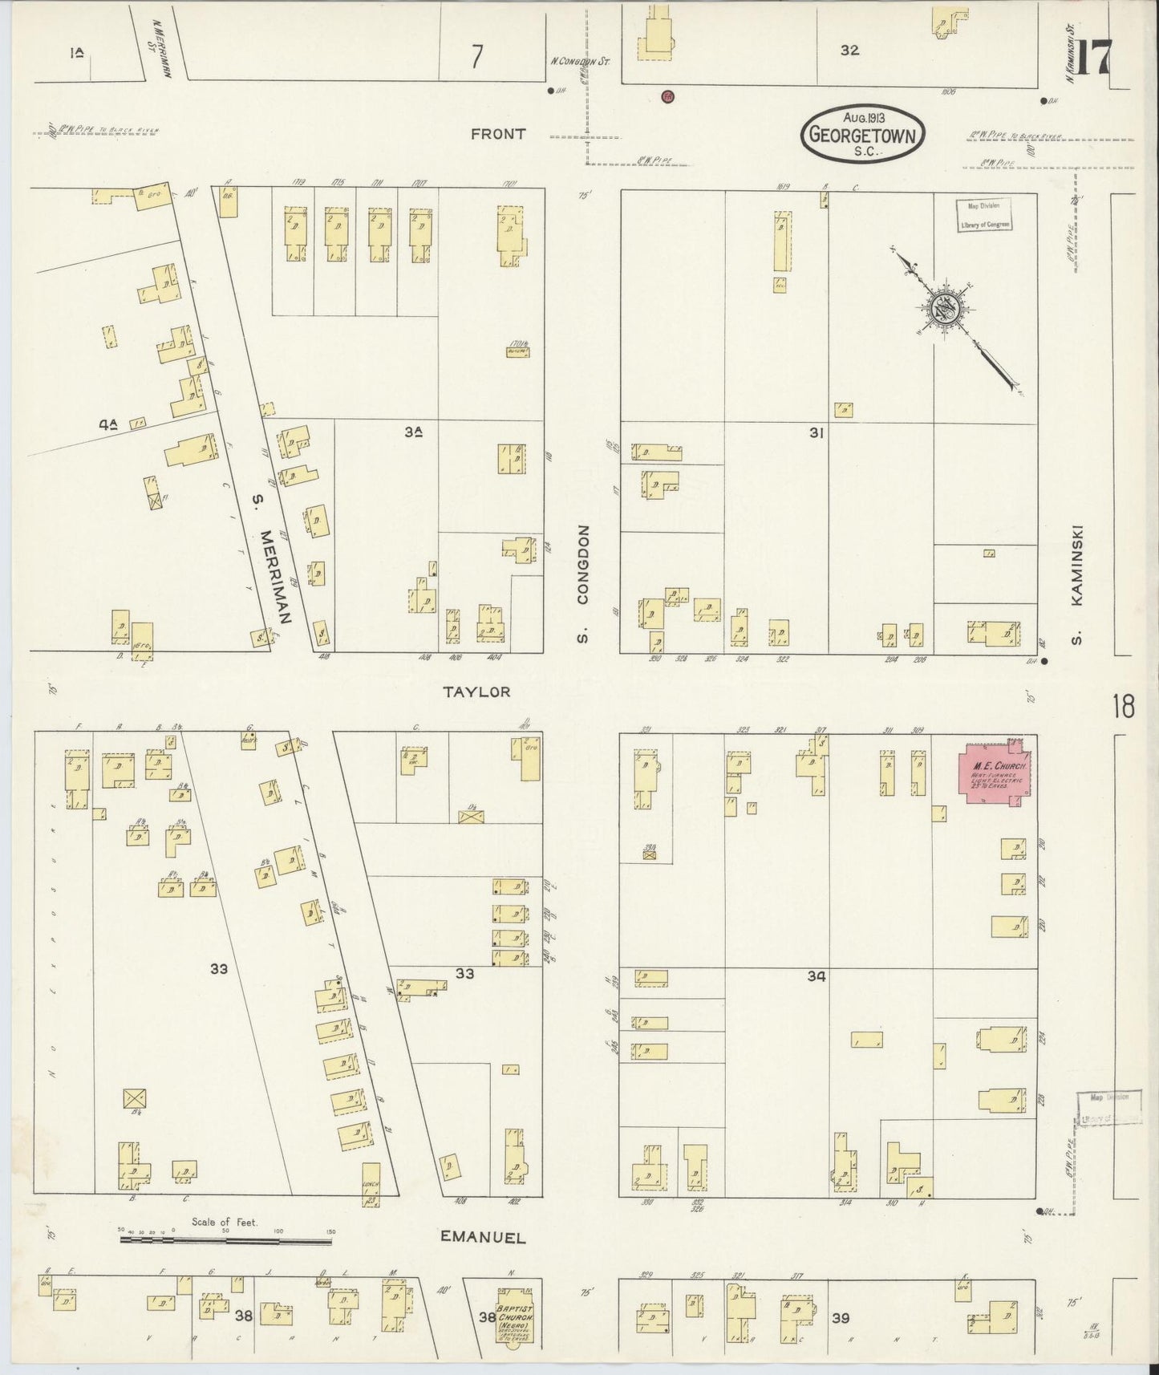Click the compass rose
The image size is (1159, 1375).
(945, 307)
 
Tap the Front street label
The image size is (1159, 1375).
(498, 134)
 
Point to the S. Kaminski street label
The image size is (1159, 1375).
(1078, 584)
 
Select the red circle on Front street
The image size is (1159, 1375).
(667, 97)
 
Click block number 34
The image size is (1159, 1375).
(817, 976)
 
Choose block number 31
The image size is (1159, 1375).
(817, 433)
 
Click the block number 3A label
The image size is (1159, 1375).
(414, 432)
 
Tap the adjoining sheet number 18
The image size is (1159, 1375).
(1123, 708)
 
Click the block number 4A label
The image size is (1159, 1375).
(108, 426)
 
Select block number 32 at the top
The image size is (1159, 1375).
(849, 50)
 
